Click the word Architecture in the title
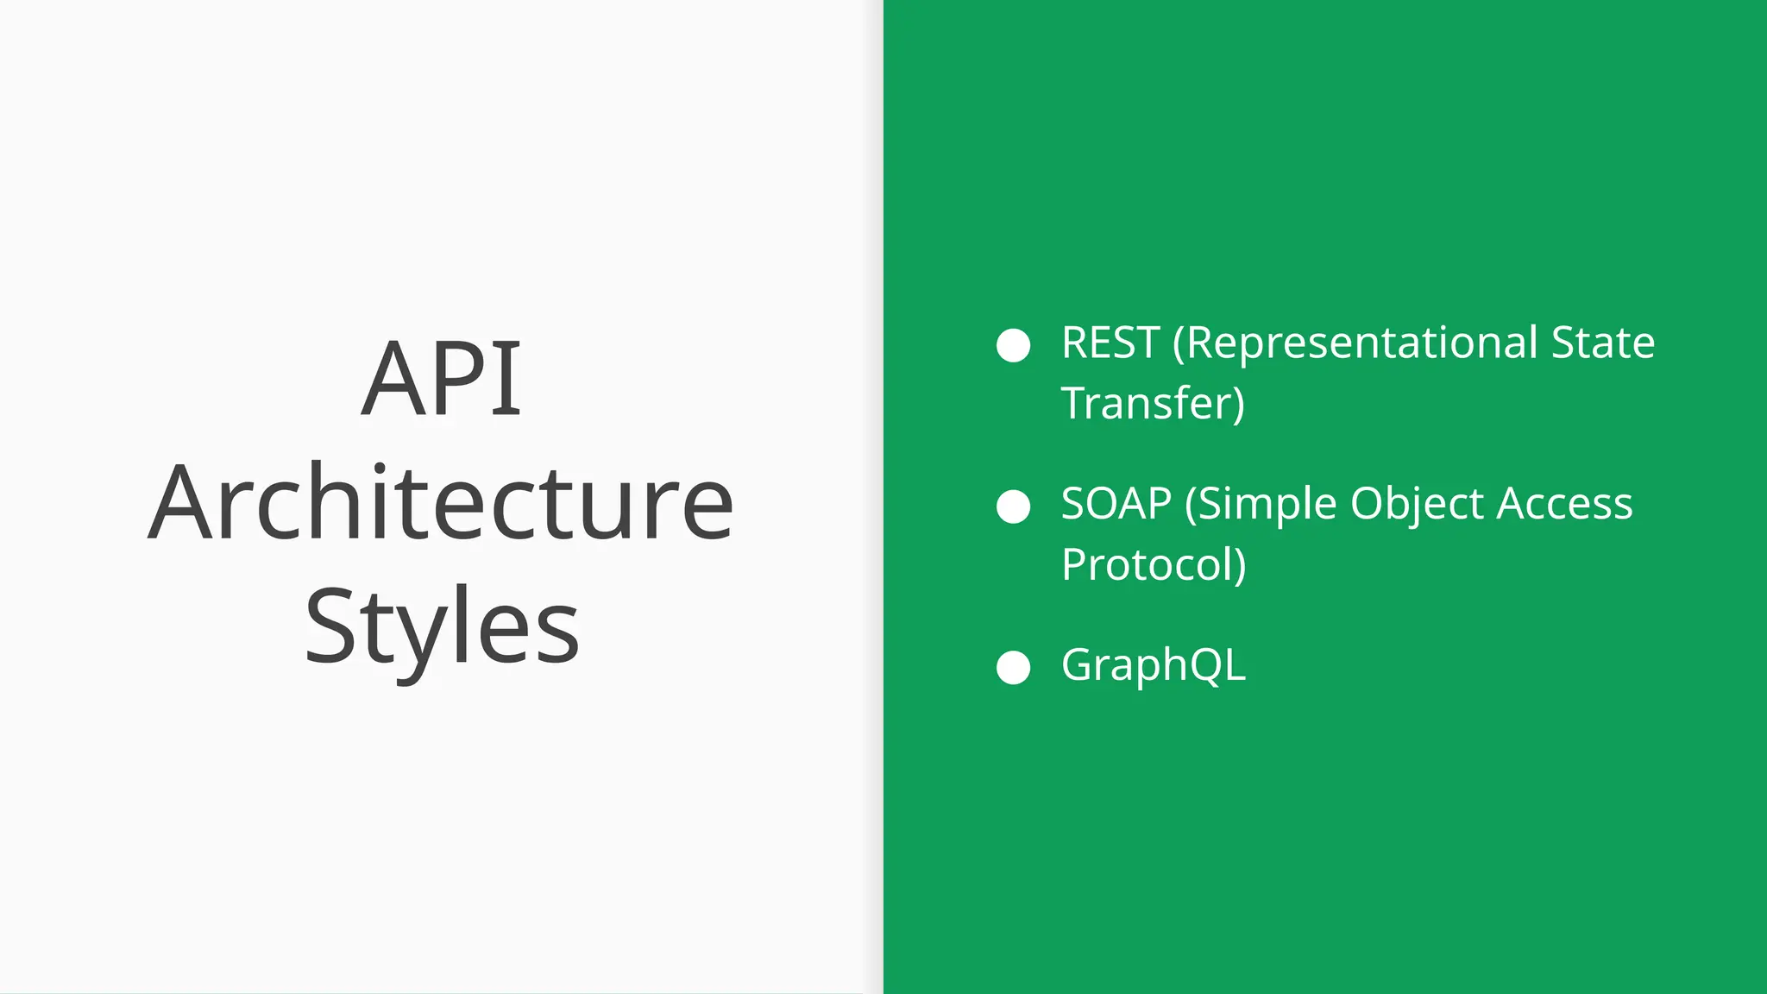pos(441,502)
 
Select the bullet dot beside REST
pos(1013,345)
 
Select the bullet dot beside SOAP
pos(1013,506)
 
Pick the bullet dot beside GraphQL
pos(1013,668)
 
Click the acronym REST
pos(1110,343)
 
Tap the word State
pos(1602,343)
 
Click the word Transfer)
pos(1153,404)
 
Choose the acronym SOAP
pos(1116,504)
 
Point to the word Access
pos(1564,504)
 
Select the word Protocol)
pos(1154,565)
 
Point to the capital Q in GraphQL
pos(1206,665)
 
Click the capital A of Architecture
pos(180,502)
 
